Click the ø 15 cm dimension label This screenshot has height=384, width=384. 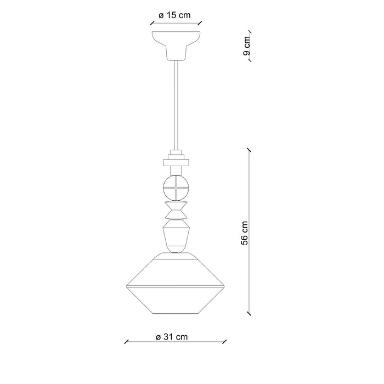(x=174, y=15)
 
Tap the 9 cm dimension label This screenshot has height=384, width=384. (x=247, y=46)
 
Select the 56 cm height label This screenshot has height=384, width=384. (x=245, y=233)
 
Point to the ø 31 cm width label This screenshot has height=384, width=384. (x=172, y=337)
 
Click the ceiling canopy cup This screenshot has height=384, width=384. (x=176, y=46)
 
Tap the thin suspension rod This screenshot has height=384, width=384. (x=176, y=105)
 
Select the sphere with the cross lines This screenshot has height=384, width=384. (x=176, y=188)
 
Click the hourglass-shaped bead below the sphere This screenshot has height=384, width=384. (x=176, y=210)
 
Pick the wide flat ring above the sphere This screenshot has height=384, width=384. (x=176, y=162)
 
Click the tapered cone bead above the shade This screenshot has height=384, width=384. (x=176, y=236)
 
